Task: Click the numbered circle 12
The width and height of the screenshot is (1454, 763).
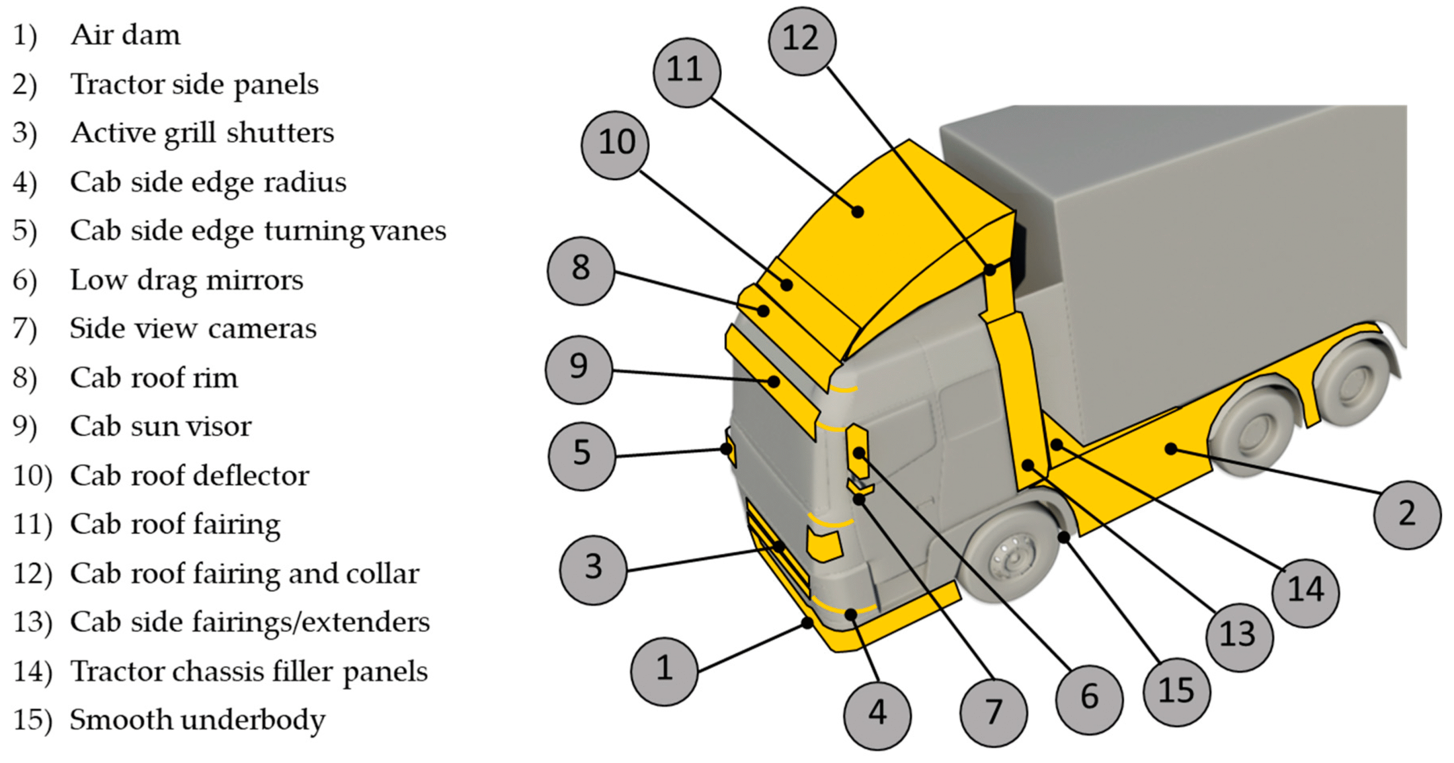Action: point(801,40)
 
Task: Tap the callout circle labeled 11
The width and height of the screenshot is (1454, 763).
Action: point(687,72)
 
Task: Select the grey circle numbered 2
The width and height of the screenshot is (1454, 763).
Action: point(1407,515)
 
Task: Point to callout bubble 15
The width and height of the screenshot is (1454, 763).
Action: point(1176,692)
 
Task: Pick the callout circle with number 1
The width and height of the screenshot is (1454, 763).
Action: point(664,671)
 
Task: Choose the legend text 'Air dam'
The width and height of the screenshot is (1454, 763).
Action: point(125,35)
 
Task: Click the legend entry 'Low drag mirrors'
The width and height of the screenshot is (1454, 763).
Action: point(186,280)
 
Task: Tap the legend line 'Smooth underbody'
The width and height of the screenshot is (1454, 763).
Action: point(197,720)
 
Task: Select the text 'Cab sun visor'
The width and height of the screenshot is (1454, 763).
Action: point(161,426)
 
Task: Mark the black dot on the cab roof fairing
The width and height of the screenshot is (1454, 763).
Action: point(858,212)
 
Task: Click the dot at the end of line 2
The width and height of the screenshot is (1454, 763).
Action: point(1171,449)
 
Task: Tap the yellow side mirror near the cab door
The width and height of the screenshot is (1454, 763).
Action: point(857,449)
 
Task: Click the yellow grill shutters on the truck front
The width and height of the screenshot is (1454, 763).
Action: point(778,548)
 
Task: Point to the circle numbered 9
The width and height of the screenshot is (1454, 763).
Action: point(579,369)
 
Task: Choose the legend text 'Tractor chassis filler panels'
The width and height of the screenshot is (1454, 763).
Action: point(249,672)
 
